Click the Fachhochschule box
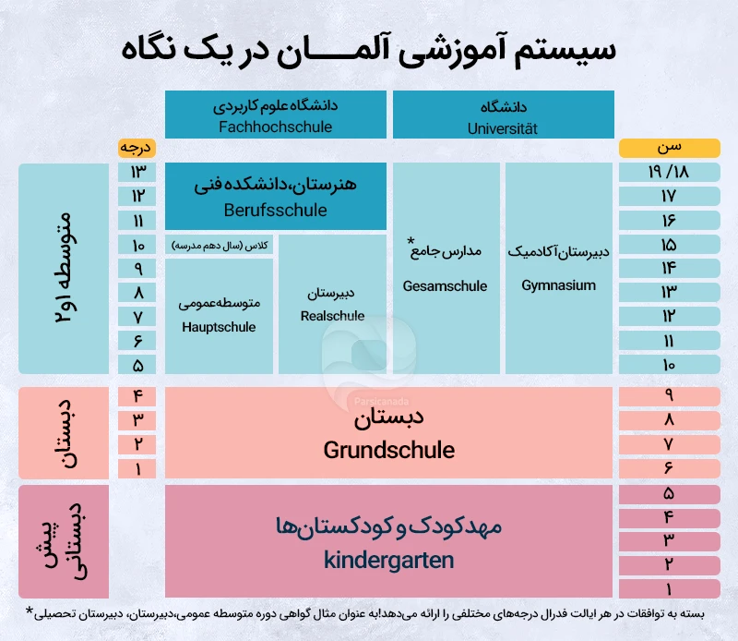click(x=276, y=115)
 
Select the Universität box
click(x=504, y=115)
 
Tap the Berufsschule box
click(x=276, y=197)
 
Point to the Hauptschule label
click(x=219, y=327)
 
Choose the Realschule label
click(x=332, y=316)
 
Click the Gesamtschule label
click(x=446, y=286)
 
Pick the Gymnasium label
click(x=559, y=285)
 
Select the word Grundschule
click(x=388, y=451)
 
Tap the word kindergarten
click(x=388, y=560)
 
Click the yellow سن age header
click(x=669, y=148)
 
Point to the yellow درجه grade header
click(x=137, y=148)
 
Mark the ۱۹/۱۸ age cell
click(x=669, y=173)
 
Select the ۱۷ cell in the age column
click(x=669, y=197)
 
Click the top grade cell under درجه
click(x=137, y=173)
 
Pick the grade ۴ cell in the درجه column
click(x=137, y=396)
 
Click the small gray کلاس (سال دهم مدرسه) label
click(x=220, y=245)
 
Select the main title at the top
click(x=369, y=46)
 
